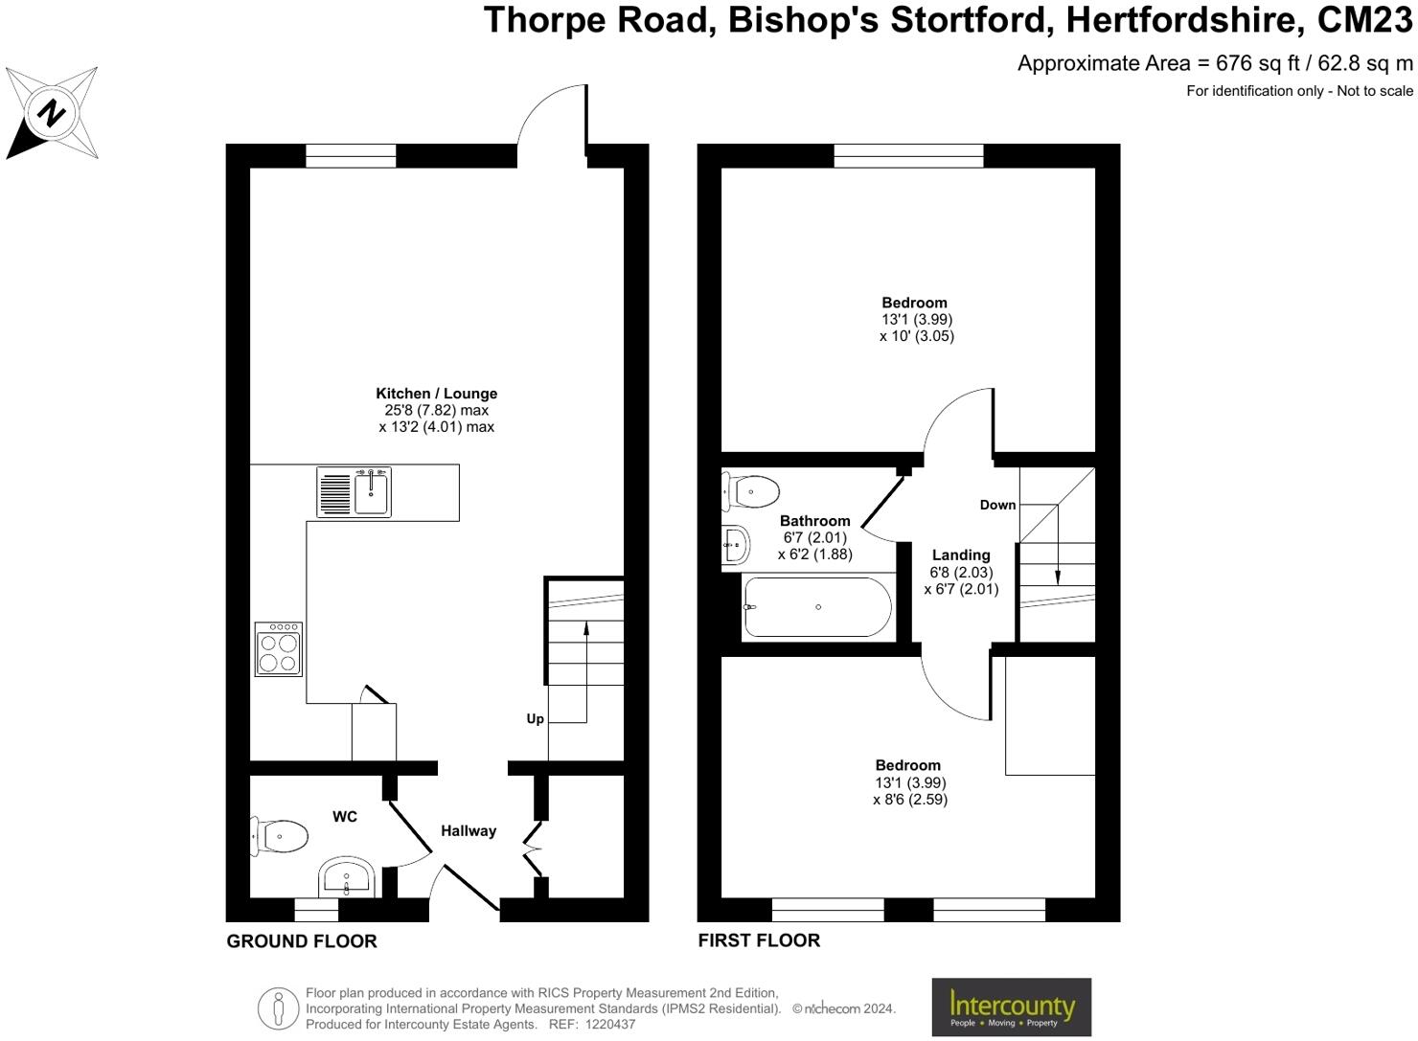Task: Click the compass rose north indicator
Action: [52, 113]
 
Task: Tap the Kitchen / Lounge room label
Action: [436, 394]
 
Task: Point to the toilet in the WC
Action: [280, 836]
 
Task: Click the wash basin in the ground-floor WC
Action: [346, 877]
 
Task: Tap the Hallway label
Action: [469, 831]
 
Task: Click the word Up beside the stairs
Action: [535, 719]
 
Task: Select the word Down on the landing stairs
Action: [997, 505]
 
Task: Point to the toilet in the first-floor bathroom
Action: [751, 492]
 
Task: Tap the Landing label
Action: [961, 555]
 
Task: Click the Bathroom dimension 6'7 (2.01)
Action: [814, 538]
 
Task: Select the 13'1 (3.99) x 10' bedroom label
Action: [916, 320]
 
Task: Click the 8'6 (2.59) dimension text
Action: [910, 800]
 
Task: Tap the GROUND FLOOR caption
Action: [302, 941]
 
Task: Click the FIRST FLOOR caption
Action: [759, 940]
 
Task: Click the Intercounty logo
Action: [1011, 1007]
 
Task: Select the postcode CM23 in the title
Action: [1364, 20]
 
